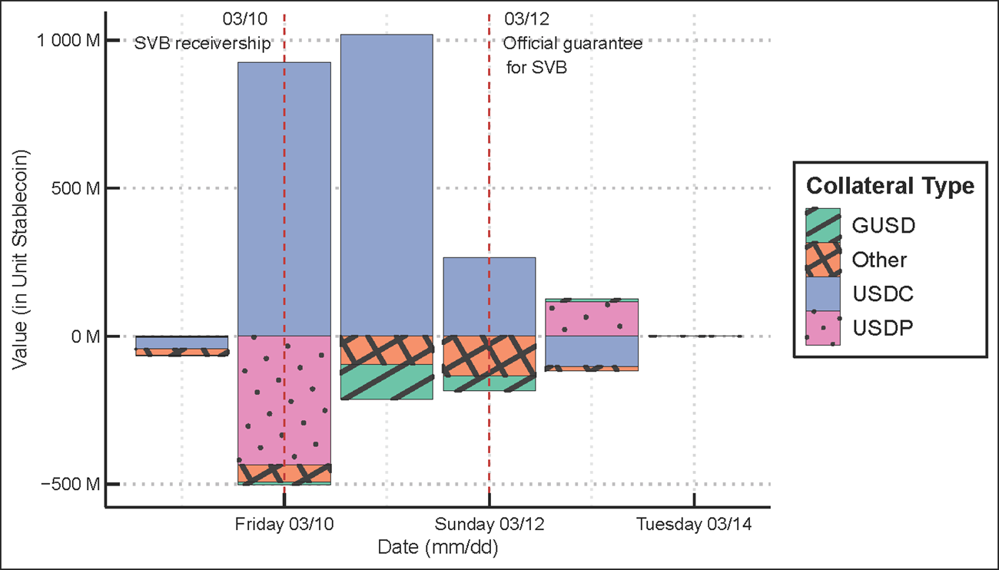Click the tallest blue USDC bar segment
tap(387, 184)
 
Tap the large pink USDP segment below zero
tap(284, 399)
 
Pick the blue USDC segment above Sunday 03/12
tap(490, 296)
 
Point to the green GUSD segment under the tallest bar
tap(387, 382)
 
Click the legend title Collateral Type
tap(890, 186)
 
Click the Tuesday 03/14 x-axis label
tap(694, 525)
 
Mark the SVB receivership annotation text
tap(203, 43)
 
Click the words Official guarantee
tap(573, 43)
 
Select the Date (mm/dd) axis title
tap(439, 548)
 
